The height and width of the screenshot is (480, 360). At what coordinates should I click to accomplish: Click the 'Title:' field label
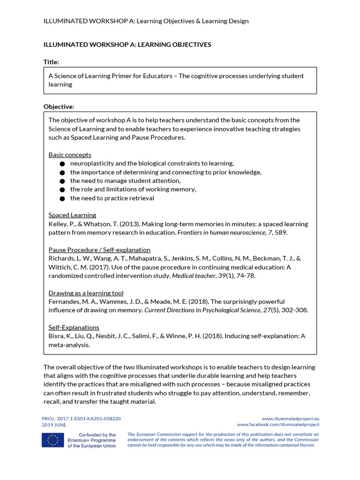pos(51,62)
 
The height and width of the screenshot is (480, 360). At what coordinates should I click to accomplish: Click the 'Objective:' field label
pos(59,106)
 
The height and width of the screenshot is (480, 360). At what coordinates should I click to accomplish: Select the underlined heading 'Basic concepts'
pos(70,155)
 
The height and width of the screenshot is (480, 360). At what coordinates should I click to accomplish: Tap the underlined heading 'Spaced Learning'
pos(72,215)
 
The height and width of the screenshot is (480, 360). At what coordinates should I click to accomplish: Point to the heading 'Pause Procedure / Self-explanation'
pos(99,250)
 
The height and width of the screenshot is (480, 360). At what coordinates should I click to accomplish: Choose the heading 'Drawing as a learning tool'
pos(86,293)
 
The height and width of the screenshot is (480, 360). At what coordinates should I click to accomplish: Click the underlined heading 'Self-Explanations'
pos(74,327)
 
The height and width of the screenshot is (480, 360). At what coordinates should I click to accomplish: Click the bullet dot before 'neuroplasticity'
pos(62,164)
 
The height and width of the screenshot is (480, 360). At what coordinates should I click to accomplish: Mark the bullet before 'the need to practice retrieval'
pos(62,198)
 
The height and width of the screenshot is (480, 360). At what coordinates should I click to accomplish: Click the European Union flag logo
pos(52,440)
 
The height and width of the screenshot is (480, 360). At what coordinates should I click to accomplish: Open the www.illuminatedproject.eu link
pos(290,418)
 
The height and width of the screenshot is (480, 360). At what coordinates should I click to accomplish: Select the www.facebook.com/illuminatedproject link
pos(278,425)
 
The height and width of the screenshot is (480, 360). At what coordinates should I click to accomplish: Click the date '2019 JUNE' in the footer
pos(54,425)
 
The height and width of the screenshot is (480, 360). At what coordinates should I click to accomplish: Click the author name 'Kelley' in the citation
pos(58,224)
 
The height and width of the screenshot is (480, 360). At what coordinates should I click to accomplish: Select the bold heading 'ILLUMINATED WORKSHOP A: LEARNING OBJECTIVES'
pos(127,45)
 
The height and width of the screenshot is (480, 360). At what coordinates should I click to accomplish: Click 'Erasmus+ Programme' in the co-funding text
pos(91,441)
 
